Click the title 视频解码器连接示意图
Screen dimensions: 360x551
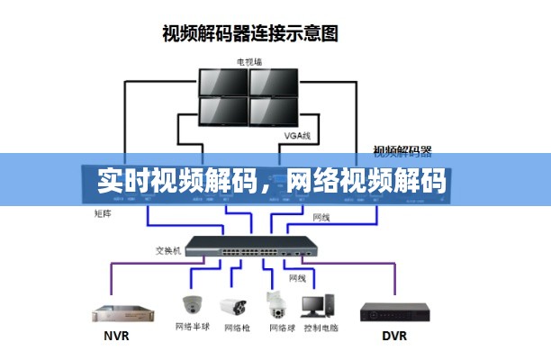point(250,34)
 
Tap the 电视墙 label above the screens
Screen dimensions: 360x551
point(248,62)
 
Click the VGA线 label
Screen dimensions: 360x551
point(296,136)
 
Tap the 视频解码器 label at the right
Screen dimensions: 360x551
point(402,149)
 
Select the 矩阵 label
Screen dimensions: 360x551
point(103,213)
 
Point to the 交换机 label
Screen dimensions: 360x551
point(168,251)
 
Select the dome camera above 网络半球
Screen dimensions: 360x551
point(193,302)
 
